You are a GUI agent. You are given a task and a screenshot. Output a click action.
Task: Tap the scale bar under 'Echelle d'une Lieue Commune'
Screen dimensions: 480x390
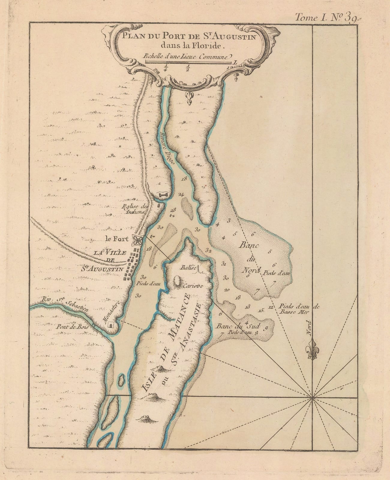[x=189, y=62]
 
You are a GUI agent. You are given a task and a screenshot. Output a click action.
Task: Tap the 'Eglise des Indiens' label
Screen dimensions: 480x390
[x=133, y=208]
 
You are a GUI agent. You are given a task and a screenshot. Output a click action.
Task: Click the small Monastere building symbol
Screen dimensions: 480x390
[x=111, y=325]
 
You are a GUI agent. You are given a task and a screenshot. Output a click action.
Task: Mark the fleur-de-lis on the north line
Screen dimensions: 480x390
[x=312, y=349]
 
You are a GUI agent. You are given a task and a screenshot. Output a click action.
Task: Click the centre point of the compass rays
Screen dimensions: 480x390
[x=312, y=398]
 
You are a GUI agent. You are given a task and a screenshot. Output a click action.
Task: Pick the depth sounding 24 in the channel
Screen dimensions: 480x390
[x=181, y=194]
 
